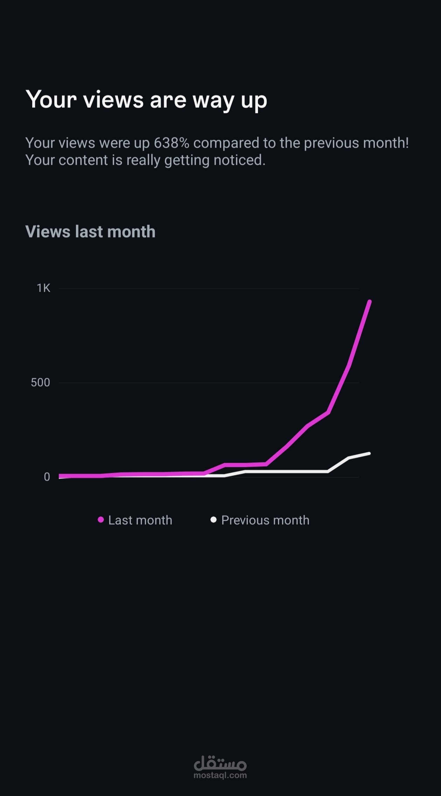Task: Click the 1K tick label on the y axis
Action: coord(43,288)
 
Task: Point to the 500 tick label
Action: coord(40,383)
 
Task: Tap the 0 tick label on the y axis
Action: coord(47,477)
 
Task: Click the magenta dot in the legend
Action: coord(101,520)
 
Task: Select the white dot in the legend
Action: coord(213,519)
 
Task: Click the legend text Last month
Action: coord(140,520)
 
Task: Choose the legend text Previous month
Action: coord(265,520)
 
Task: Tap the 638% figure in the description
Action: coord(171,143)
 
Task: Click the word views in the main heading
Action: coord(113,100)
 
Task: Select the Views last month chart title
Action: coord(90,232)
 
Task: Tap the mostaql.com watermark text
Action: coord(220,775)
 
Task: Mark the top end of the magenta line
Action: coord(370,301)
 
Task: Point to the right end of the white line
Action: coord(369,454)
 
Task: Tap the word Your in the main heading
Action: coord(51,100)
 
